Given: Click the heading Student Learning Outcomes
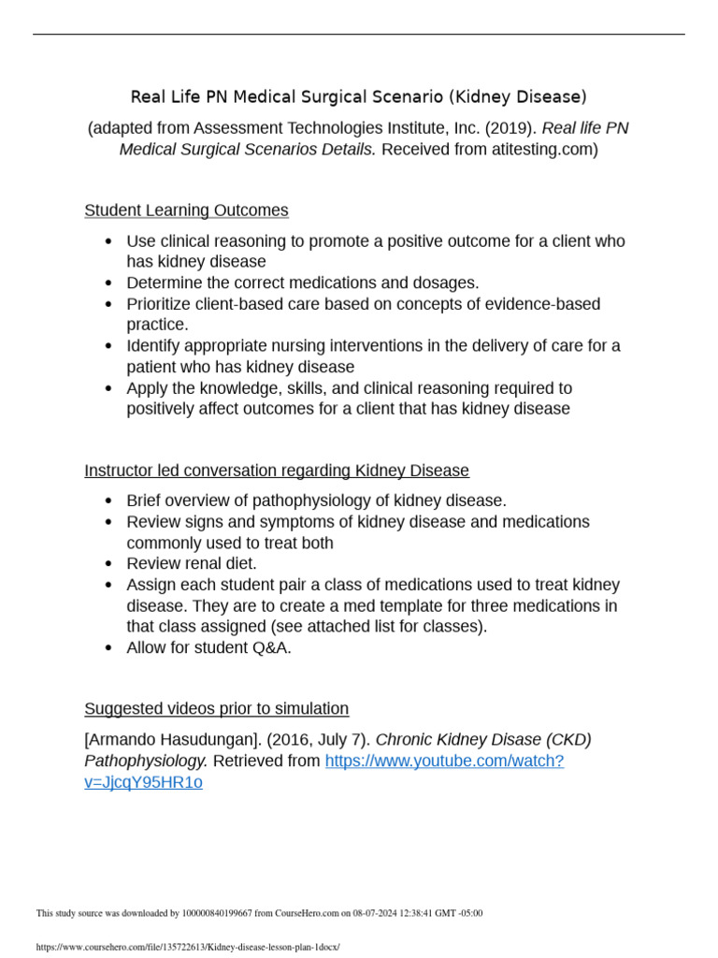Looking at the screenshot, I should pyautogui.click(x=186, y=210).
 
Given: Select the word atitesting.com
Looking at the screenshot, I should pyautogui.click(x=542, y=150).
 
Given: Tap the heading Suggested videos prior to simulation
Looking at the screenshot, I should pyautogui.click(x=216, y=708).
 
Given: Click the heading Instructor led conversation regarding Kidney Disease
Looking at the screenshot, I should pyautogui.click(x=277, y=471).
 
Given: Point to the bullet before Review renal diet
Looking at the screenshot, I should pyautogui.click(x=109, y=564).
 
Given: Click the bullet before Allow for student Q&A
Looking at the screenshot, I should pyautogui.click(x=109, y=648).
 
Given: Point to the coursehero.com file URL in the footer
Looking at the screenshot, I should pyautogui.click(x=187, y=947).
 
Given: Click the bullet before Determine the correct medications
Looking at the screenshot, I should pyautogui.click(x=109, y=283).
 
